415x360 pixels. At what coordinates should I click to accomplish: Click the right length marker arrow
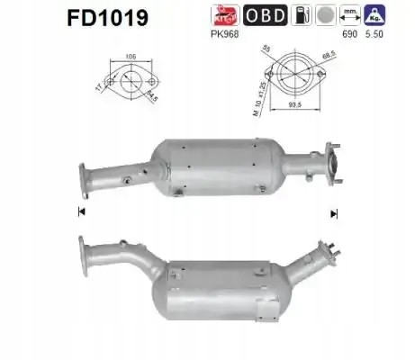334,213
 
